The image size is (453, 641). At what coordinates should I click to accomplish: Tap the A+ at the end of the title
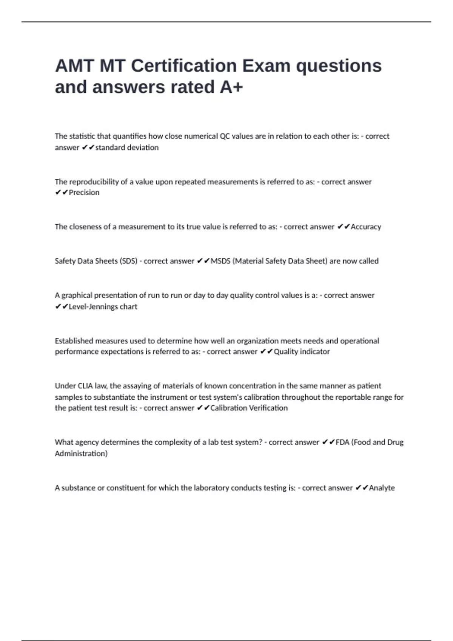(231, 87)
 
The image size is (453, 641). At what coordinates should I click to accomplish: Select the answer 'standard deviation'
(127, 147)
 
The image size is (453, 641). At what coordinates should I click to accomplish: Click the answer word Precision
(84, 193)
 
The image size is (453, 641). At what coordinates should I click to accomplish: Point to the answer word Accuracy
(366, 227)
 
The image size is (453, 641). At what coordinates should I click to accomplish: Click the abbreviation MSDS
(220, 261)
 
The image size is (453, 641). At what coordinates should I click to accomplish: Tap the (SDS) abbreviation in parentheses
(128, 261)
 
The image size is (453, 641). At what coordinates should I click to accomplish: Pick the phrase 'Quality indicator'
(302, 351)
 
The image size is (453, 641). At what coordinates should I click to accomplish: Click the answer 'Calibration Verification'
(249, 408)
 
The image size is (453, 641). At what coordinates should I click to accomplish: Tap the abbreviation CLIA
(85, 386)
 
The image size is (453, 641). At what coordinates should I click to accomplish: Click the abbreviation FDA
(342, 442)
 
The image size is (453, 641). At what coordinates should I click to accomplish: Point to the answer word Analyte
(382, 488)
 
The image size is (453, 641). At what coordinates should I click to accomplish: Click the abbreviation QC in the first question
(225, 136)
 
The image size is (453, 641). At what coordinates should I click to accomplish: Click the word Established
(74, 341)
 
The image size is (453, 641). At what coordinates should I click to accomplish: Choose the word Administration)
(81, 453)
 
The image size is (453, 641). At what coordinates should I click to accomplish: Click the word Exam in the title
(266, 66)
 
